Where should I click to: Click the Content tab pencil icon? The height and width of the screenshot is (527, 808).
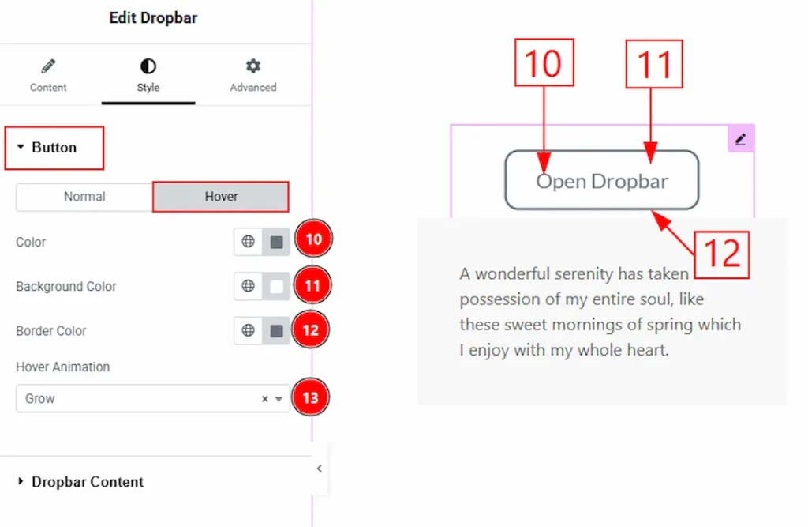48,66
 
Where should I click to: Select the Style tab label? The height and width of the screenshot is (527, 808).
148,87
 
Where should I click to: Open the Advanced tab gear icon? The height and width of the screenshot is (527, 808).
253,66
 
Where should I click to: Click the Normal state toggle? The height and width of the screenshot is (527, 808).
84,197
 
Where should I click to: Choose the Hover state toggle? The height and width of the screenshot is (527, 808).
221,197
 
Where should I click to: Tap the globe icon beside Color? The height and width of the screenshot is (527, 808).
248,242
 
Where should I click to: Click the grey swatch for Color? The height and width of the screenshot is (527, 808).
277,242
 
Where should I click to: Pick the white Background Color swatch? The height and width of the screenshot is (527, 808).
277,287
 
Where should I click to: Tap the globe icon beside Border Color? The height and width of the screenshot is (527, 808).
248,330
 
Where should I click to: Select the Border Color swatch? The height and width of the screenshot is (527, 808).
277,331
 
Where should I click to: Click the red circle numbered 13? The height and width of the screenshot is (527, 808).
310,397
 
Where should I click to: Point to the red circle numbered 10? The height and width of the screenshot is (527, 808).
313,239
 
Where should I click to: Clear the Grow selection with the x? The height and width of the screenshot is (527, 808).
265,399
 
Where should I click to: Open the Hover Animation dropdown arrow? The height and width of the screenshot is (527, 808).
279,399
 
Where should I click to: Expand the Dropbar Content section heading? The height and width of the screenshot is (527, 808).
88,482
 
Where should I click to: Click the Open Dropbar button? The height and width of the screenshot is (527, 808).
602,180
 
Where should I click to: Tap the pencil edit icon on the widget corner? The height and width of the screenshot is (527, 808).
740,139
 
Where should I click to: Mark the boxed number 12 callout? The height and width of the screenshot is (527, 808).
721,255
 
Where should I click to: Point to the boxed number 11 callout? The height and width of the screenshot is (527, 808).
654,64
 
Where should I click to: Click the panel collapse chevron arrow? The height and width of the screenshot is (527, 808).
320,469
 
